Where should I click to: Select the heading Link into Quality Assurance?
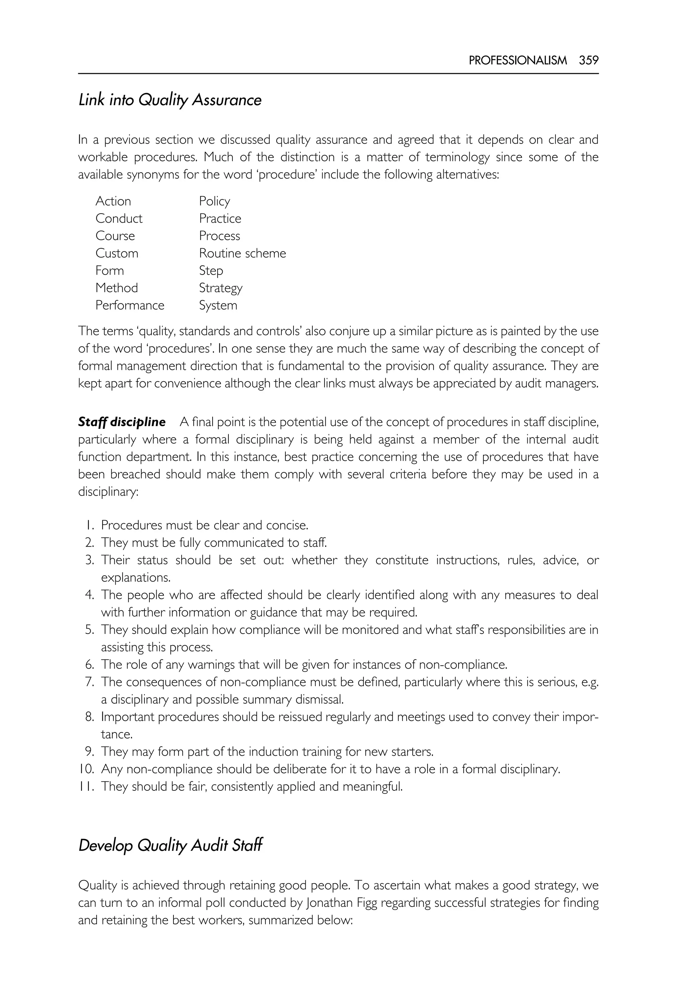(x=170, y=100)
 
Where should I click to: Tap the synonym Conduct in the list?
(x=119, y=218)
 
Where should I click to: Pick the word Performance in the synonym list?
(x=130, y=305)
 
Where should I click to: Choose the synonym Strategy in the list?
(x=220, y=288)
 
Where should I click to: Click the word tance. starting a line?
(x=116, y=734)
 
